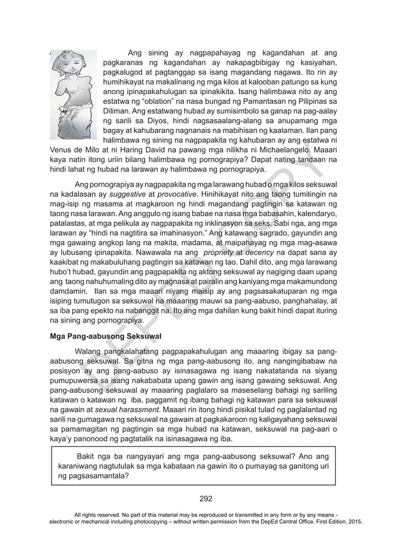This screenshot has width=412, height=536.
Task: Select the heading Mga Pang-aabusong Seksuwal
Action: [x=105, y=336]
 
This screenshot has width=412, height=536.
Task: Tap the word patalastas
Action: [x=71, y=224]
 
